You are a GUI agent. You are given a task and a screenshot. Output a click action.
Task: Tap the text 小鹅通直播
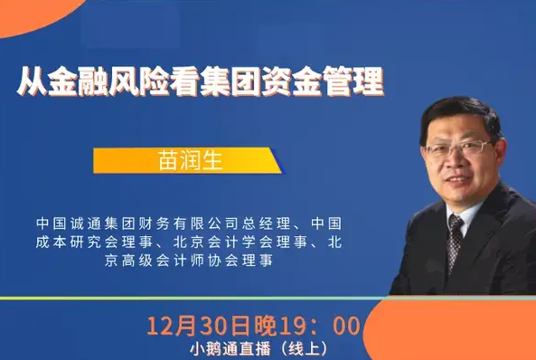point(221,347)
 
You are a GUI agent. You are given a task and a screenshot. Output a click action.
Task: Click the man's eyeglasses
point(462,147)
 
